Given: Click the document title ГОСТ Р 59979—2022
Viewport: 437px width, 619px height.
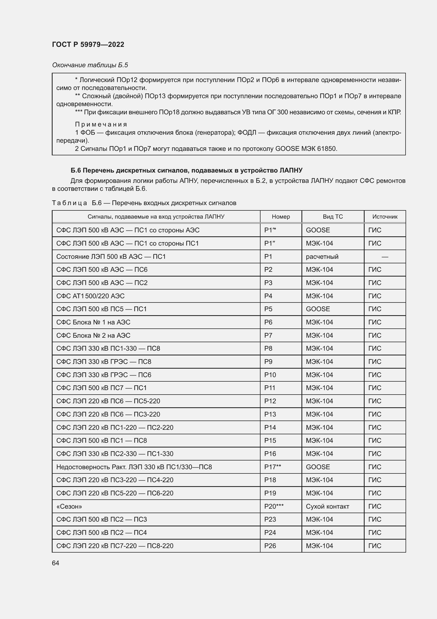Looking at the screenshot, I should point(88,44).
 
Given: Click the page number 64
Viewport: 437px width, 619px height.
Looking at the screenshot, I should point(55,563).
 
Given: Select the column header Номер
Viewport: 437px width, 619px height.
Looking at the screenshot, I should point(281,216).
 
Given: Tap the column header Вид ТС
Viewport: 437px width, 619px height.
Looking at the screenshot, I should point(333,216).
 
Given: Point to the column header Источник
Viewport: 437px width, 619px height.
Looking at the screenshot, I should point(384,216).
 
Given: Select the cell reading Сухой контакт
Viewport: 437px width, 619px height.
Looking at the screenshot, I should point(327,506).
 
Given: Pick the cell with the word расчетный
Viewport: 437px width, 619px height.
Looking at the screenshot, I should point(322,256).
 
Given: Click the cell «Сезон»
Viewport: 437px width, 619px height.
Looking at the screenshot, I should point(69,506).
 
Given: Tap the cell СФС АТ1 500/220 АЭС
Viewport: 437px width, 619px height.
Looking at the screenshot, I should point(90,296).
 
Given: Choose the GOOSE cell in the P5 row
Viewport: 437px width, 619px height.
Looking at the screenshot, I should point(318,309).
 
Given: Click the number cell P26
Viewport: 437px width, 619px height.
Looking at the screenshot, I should point(270,546).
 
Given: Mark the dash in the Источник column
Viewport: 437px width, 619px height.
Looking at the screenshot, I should point(384,257).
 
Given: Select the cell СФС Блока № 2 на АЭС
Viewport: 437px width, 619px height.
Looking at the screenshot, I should point(93,335).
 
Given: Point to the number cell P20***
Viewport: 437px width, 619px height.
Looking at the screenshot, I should point(274,506).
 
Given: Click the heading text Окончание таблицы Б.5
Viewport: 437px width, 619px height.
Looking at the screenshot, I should point(90,65).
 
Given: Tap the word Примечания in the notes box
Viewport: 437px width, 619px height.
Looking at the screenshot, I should point(101,124).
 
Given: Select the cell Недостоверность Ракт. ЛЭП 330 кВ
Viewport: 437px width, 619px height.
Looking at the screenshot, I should point(134,467).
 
